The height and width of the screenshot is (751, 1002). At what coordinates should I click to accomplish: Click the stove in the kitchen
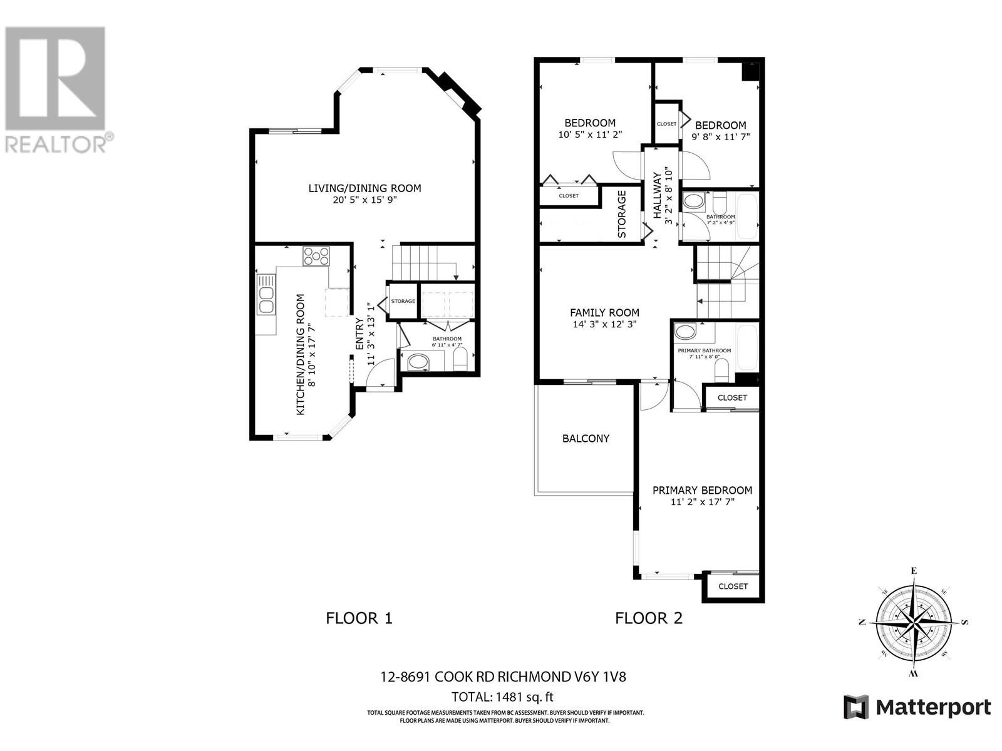tap(316, 257)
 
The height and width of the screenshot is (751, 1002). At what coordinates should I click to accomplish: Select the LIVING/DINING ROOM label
tap(364, 188)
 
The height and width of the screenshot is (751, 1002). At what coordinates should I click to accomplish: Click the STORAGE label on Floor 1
tap(403, 302)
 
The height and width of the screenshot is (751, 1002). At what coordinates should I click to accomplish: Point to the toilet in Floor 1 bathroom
tap(460, 360)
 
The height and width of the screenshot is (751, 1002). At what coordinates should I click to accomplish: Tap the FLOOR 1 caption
tap(359, 618)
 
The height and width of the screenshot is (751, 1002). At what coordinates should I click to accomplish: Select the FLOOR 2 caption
tap(649, 618)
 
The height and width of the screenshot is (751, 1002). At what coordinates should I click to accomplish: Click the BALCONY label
tap(586, 439)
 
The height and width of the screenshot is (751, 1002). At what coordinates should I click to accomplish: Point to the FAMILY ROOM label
tap(604, 313)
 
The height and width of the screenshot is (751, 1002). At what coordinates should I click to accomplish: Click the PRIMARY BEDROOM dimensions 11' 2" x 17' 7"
tap(702, 502)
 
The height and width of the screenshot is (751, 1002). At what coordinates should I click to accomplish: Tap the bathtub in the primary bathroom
tap(747, 347)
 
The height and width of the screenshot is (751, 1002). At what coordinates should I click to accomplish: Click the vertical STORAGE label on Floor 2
tap(622, 214)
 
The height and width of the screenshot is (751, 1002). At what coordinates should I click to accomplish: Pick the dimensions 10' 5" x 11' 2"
tap(590, 135)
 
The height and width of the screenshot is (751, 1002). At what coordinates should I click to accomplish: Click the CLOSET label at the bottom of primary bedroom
tap(733, 586)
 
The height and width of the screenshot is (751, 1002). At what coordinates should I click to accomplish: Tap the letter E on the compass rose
tap(914, 570)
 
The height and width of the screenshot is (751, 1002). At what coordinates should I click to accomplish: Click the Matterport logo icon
tap(856, 707)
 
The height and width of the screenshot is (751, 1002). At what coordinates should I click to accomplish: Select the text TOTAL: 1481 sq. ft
tap(503, 697)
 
